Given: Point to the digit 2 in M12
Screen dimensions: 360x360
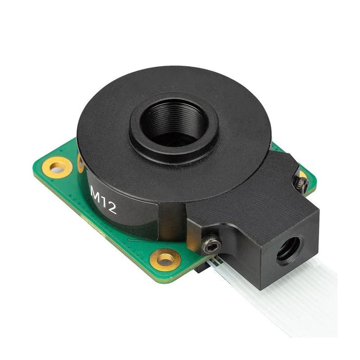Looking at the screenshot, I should (x=112, y=207).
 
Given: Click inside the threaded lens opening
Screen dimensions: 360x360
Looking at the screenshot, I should (x=173, y=122).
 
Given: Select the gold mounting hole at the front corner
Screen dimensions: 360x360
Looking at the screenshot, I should (x=166, y=259).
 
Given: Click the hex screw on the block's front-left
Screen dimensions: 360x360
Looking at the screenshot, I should (x=210, y=245).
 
